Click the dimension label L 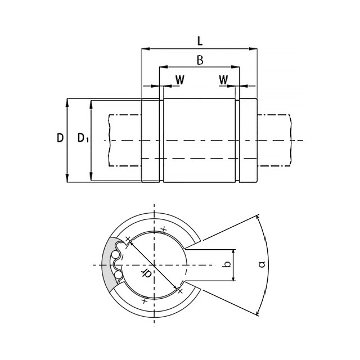[x=200, y=41]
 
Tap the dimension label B [x=200, y=60]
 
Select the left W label [x=180, y=80]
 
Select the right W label [x=223, y=80]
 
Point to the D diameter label [x=60, y=138]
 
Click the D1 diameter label [x=83, y=138]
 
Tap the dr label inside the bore [x=146, y=273]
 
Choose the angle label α [x=262, y=264]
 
